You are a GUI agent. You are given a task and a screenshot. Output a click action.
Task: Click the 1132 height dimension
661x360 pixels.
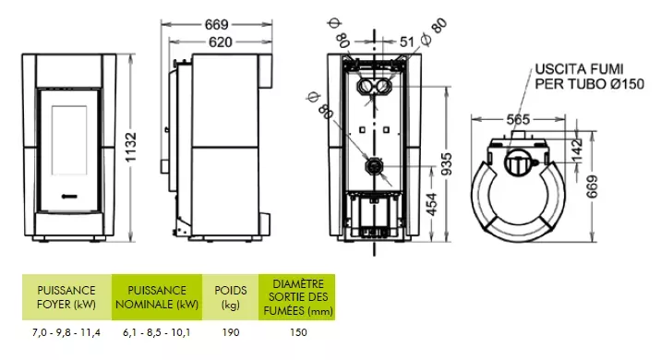click(x=131, y=147)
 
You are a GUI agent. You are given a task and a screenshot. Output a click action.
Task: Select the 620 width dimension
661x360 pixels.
click(x=221, y=42)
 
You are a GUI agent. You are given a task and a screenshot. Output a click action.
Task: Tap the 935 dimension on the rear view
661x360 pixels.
click(x=446, y=164)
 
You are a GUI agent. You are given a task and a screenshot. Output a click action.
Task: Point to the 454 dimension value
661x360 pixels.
click(x=432, y=204)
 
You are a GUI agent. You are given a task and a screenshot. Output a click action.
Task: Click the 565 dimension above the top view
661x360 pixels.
click(x=518, y=120)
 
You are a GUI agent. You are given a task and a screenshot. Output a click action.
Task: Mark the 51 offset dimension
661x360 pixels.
click(x=406, y=42)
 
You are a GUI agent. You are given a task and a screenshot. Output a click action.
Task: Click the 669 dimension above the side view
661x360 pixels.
click(x=216, y=24)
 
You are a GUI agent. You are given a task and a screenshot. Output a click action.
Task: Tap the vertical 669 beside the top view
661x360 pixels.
click(x=592, y=186)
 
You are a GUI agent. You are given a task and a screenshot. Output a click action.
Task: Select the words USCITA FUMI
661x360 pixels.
click(x=579, y=69)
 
